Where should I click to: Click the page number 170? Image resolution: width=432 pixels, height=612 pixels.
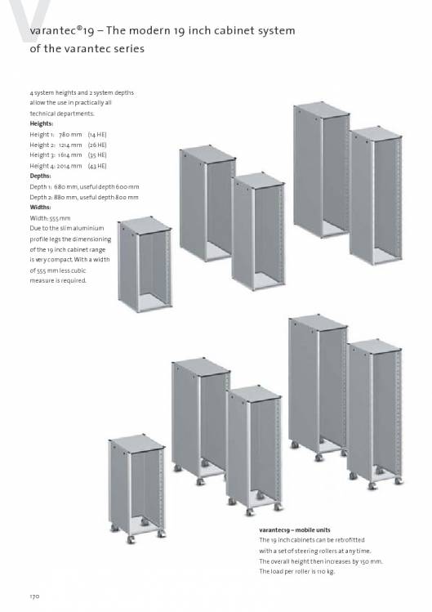[35, 596]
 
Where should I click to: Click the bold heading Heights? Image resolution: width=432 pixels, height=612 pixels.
[42, 123]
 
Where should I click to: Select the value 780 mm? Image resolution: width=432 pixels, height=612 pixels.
[70, 135]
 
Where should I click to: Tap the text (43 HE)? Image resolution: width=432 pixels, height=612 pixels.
[97, 166]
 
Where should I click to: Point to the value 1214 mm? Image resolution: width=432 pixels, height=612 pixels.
[70, 145]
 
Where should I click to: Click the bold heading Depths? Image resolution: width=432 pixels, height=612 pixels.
[40, 176]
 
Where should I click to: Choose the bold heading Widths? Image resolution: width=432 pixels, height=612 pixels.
[40, 208]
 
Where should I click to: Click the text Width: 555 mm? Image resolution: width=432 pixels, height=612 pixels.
[50, 218]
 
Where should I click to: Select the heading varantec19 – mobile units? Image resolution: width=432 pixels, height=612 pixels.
[295, 530]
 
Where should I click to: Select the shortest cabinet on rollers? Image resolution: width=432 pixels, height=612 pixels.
[136, 489]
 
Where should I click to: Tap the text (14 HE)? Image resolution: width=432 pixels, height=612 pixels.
[97, 135]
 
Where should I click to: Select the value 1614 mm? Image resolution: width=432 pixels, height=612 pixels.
[70, 155]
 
